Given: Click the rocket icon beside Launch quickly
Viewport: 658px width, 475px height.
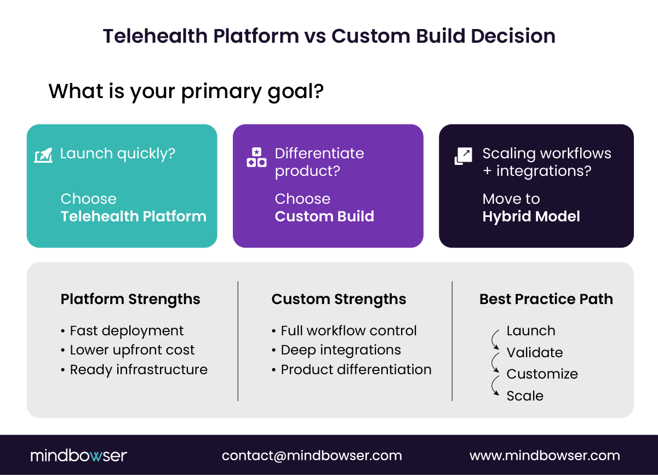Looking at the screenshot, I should click(43, 156).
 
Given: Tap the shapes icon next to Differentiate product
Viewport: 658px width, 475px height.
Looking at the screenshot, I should click(256, 157).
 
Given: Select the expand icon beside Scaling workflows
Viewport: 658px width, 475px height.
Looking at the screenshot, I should click(464, 156).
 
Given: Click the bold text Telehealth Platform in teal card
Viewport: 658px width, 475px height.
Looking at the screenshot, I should click(133, 216).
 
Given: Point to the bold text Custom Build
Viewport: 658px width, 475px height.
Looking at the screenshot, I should click(324, 216).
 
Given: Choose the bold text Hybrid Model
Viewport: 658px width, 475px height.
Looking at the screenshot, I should click(531, 216).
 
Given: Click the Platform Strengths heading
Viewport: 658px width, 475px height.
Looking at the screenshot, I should click(130, 299).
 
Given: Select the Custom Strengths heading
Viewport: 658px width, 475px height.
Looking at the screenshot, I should click(339, 299).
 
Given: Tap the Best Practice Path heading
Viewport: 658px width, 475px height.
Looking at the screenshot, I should click(546, 299).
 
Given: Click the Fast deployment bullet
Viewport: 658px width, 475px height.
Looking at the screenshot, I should click(126, 331).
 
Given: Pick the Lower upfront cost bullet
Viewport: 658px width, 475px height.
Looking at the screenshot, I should click(131, 350).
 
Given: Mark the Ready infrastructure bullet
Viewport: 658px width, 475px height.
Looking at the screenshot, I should click(138, 370).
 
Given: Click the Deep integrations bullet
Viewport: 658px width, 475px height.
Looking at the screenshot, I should click(340, 350).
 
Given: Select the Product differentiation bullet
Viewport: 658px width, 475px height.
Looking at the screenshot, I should click(356, 370).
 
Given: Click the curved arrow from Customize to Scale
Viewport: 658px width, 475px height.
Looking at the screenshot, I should click(496, 386).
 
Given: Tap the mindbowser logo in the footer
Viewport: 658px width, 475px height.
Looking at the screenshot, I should click(78, 455).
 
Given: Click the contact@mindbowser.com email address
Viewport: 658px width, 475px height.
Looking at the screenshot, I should click(312, 456).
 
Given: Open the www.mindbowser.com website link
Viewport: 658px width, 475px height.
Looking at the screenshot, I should click(545, 456).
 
